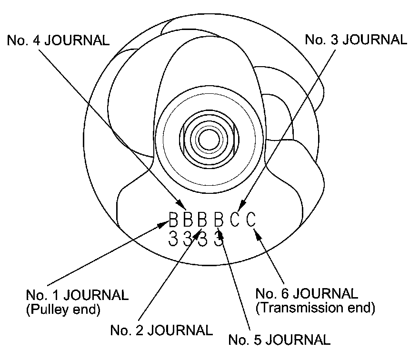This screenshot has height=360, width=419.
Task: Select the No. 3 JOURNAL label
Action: (x=356, y=40)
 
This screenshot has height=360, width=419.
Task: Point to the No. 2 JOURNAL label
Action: (x=161, y=330)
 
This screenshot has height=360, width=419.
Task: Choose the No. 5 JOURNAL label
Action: (x=279, y=340)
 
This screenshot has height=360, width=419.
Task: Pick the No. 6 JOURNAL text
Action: (x=307, y=293)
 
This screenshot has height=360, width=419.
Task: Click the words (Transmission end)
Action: (x=315, y=308)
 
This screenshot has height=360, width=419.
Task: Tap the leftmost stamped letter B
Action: (x=174, y=220)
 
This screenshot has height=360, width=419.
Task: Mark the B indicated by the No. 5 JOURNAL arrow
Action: (x=219, y=220)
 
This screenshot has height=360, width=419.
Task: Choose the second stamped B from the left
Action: (x=189, y=220)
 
